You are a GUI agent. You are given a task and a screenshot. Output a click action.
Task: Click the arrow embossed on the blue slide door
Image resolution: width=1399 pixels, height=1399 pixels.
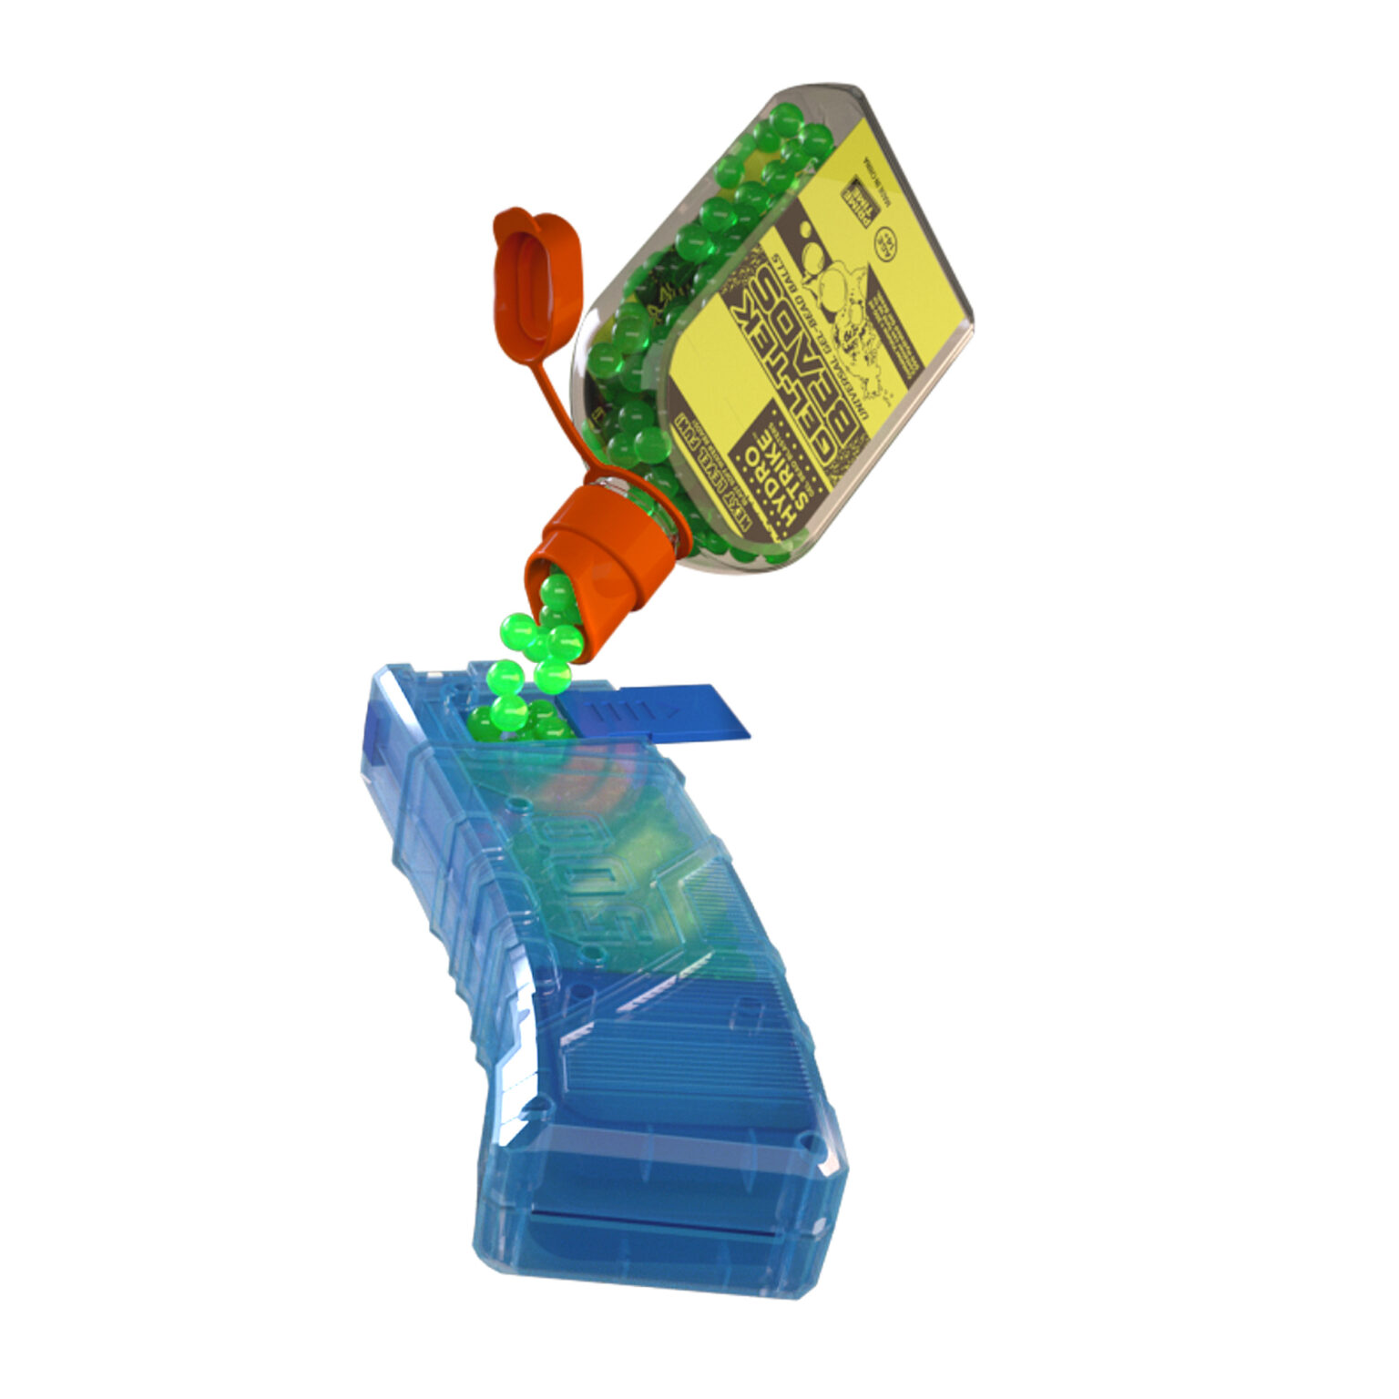[x=669, y=707]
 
